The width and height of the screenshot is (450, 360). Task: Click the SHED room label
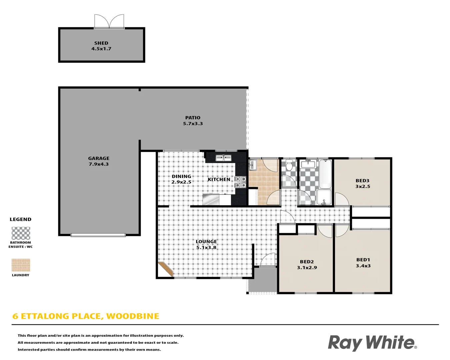101,43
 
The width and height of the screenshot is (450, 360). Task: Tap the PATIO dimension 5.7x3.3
193,123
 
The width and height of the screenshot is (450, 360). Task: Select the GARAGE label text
99,158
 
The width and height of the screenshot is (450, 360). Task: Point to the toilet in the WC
289,165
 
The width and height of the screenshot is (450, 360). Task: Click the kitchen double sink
223,158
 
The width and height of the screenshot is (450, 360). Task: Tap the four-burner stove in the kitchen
240,182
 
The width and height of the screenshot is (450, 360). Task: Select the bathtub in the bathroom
325,174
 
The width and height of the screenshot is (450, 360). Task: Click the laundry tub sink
252,165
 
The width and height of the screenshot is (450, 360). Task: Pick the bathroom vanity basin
308,164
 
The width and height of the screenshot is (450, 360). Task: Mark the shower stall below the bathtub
324,197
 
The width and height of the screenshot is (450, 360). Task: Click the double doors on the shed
109,21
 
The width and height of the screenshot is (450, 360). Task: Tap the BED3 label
362,181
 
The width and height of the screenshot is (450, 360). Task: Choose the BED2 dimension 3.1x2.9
307,268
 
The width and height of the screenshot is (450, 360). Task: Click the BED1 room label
363,260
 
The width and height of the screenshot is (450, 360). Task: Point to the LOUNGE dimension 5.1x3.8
206,248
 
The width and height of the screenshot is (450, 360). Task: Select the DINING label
181,176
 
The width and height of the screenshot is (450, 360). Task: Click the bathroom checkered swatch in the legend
21,233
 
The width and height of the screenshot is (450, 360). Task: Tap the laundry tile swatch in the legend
21,265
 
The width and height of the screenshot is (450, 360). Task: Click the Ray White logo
372,343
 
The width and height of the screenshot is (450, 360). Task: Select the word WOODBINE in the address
133,316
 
